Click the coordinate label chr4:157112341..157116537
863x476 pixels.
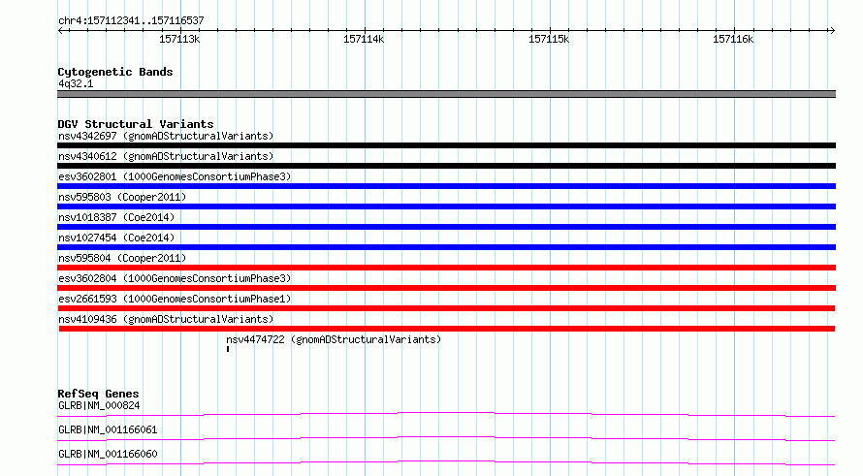(131, 21)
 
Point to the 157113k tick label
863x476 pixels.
(179, 39)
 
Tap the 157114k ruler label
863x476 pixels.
(364, 39)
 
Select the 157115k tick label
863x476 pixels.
(549, 39)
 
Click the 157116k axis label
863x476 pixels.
(733, 39)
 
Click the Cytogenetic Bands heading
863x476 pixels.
(115, 72)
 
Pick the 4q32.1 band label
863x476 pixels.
(76, 83)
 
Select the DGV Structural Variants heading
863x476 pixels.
(136, 124)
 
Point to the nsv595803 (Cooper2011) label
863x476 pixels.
(122, 197)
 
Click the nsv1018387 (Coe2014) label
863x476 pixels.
(116, 217)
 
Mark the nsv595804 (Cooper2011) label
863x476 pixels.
(122, 258)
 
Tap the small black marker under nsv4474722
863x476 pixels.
(228, 349)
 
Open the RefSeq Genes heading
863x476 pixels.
(99, 394)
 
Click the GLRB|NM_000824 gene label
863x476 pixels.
(99, 405)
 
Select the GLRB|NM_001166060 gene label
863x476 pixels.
(108, 454)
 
